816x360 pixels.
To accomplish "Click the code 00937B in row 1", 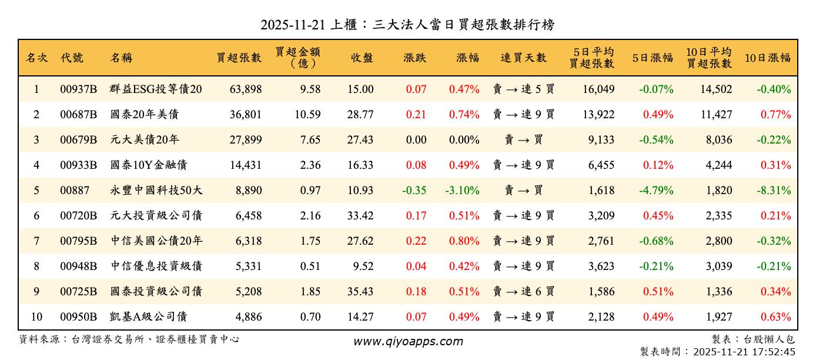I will coord(78,89).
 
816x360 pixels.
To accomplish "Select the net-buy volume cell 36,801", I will coord(245,115).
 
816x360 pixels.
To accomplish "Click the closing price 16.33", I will coord(360,165).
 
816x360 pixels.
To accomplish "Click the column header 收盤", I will coord(362,58).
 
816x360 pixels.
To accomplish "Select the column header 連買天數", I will coord(523,58).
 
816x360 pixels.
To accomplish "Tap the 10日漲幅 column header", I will coord(767,58).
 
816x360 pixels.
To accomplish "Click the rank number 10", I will coord(36,317).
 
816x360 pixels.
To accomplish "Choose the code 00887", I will coord(74,191).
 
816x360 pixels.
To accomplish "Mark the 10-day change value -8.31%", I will coord(774,191).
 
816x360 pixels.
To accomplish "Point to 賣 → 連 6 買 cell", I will coord(523,292).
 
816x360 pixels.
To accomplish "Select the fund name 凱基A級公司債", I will coord(148,317).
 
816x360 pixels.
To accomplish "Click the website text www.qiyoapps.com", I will coord(408,341).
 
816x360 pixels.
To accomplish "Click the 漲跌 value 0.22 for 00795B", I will coord(416,241).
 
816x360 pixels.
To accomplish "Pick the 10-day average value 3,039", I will coord(718,266).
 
